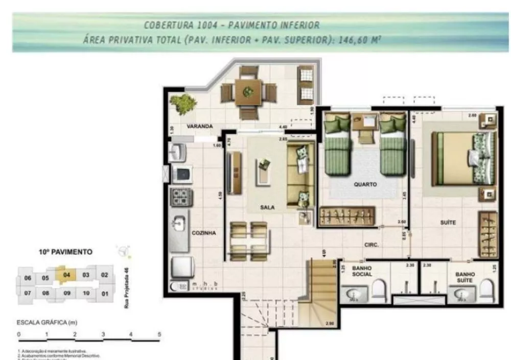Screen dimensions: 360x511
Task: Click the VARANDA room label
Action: (x=199, y=126)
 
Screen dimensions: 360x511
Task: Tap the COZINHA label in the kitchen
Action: (x=204, y=232)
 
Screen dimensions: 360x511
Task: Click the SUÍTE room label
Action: (x=448, y=223)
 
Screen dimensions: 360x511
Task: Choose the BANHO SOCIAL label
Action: (x=362, y=271)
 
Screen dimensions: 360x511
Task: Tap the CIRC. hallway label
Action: (x=371, y=245)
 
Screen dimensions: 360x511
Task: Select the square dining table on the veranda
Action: (x=248, y=92)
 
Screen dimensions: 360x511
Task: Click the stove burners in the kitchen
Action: (x=181, y=197)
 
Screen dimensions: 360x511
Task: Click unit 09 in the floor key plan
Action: (x=66, y=293)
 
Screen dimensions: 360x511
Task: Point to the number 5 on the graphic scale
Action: (x=159, y=334)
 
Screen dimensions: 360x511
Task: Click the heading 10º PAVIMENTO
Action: (x=65, y=252)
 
